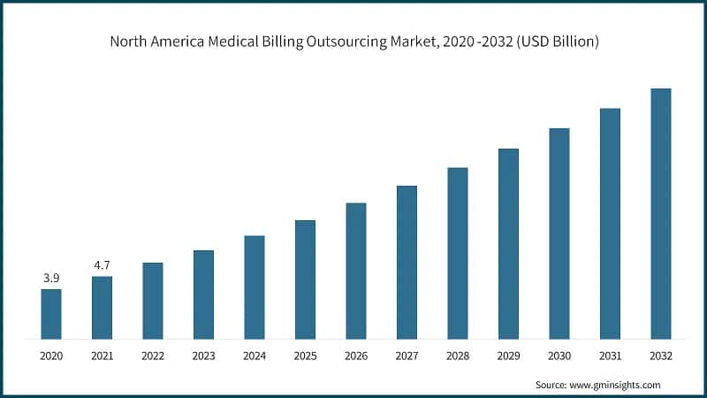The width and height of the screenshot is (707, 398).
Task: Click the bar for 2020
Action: (x=51, y=314)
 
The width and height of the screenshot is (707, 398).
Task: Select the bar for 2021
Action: (x=102, y=308)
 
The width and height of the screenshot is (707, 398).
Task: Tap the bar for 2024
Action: (x=255, y=287)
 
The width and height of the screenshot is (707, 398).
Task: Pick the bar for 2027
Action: (x=407, y=263)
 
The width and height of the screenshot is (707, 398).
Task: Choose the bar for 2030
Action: (x=559, y=233)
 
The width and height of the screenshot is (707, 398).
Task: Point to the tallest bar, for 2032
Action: (x=660, y=214)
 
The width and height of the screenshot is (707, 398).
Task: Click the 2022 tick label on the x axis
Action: (x=153, y=356)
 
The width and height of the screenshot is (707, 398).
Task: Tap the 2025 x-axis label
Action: (x=305, y=356)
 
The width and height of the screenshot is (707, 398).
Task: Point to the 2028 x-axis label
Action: (x=457, y=356)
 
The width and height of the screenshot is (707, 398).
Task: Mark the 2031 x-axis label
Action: (x=610, y=356)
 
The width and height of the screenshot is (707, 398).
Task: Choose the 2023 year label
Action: (x=203, y=356)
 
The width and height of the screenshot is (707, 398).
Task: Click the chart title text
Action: (x=353, y=42)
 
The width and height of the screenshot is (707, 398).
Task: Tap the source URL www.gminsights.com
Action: (x=617, y=385)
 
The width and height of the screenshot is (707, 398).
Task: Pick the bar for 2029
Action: (x=508, y=244)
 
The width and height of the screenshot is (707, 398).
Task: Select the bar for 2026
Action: (x=355, y=271)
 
